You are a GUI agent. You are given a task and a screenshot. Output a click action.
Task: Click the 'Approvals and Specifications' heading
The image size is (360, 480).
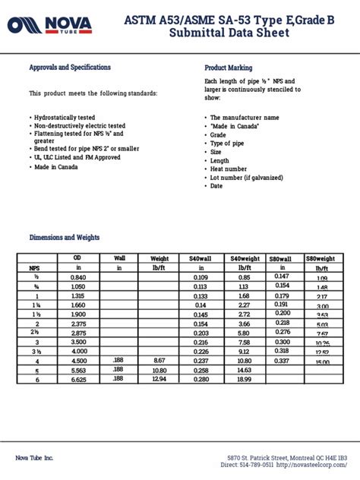tap(70, 68)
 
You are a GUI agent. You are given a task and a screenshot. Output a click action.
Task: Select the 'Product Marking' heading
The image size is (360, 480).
tap(229, 68)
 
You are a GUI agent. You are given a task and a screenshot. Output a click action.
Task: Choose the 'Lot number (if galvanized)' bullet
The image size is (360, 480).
tap(246, 177)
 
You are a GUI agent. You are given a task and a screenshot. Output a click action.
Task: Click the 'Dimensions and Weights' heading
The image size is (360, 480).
tap(64, 237)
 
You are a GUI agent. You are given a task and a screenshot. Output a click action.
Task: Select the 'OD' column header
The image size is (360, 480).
tap(77, 258)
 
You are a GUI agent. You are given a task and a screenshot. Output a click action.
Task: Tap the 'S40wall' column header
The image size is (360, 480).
tap(201, 258)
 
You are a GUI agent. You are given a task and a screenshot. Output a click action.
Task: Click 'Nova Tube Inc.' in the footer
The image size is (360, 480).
tap(36, 456)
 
